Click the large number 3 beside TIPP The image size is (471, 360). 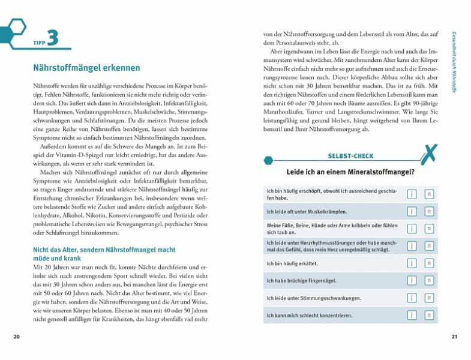coord(53,38)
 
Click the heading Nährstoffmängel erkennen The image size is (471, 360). coord(86,68)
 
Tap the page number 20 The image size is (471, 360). coord(16,337)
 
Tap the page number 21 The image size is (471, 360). coord(454,337)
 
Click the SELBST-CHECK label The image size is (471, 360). coord(351,156)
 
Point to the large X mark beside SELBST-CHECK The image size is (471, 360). coord(428,155)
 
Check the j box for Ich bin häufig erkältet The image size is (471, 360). coord(412,263)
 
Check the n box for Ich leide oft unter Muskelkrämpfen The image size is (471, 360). coord(429,211)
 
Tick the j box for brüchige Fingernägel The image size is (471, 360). coord(412,280)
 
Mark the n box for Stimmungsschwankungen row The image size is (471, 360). coord(429,298)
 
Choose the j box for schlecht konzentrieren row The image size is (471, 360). coord(412,315)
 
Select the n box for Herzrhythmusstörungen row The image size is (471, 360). coord(429,246)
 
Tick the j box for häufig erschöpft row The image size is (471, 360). coord(412,194)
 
